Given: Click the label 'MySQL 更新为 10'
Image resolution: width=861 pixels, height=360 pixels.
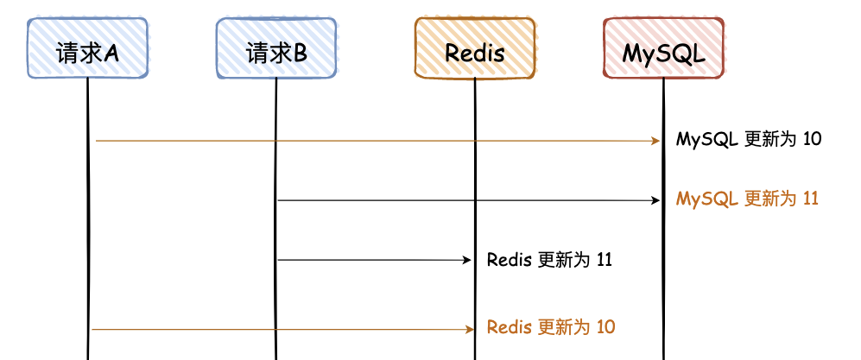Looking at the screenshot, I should coord(749,139).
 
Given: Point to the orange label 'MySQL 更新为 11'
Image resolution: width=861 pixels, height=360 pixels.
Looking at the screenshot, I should coord(747,199).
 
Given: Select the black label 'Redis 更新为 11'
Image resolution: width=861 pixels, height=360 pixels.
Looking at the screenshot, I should coord(549,259).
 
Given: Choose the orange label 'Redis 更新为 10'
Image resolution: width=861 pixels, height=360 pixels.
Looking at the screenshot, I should coord(551,327).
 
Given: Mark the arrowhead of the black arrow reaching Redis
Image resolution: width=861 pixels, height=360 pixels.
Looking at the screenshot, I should coord(465,259).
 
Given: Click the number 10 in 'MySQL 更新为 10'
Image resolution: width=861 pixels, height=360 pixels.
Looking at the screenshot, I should coord(812,139).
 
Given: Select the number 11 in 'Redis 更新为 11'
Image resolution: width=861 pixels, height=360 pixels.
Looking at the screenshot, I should coord(605,259).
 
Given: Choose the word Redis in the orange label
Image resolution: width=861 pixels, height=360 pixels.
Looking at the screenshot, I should coord(508,327).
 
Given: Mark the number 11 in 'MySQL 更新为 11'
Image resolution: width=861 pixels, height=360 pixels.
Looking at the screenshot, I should coord(810,199).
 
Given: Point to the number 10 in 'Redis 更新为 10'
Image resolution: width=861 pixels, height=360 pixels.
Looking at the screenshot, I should coord(605,327).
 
